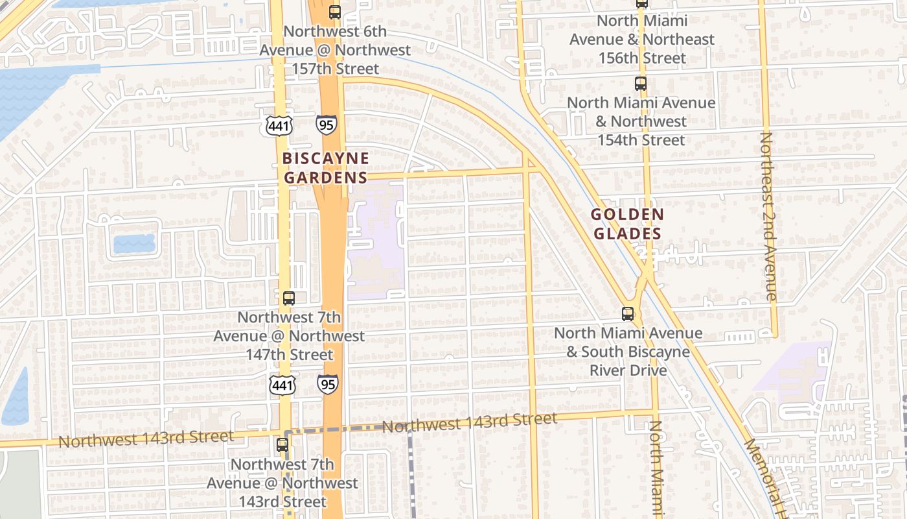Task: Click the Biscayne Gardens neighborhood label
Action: click(325, 167)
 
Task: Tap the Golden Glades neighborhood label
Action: click(627, 224)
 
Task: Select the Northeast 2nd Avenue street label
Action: click(768, 216)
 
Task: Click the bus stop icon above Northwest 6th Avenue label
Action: click(334, 12)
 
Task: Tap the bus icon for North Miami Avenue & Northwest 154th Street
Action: click(641, 84)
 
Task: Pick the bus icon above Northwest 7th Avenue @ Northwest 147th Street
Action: click(289, 298)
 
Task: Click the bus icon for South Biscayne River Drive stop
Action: click(628, 314)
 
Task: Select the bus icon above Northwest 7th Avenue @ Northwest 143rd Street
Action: click(282, 445)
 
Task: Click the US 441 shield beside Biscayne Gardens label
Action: click(279, 125)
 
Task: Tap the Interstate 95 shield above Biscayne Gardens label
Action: click(327, 125)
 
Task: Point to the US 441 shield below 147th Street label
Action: click(283, 384)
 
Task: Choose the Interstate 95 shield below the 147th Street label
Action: click(327, 384)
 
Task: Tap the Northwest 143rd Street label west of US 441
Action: click(146, 439)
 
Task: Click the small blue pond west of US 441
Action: click(134, 243)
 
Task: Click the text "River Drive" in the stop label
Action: click(628, 370)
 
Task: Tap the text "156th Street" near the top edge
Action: click(641, 58)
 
